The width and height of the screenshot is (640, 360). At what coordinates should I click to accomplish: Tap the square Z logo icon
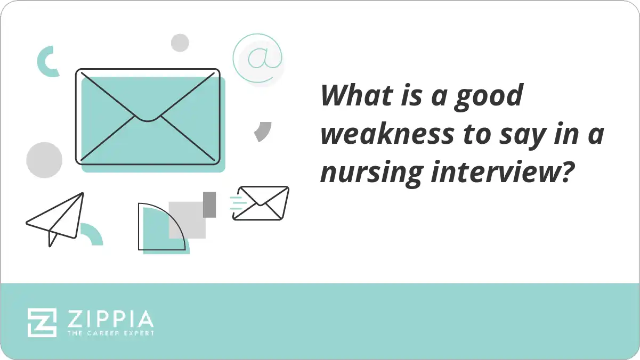coord(42,322)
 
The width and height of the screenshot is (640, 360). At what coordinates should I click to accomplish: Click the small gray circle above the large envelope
coord(180,43)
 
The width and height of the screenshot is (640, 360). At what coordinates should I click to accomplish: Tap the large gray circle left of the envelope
coord(44,160)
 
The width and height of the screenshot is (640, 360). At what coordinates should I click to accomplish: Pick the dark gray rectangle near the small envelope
coord(209,204)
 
